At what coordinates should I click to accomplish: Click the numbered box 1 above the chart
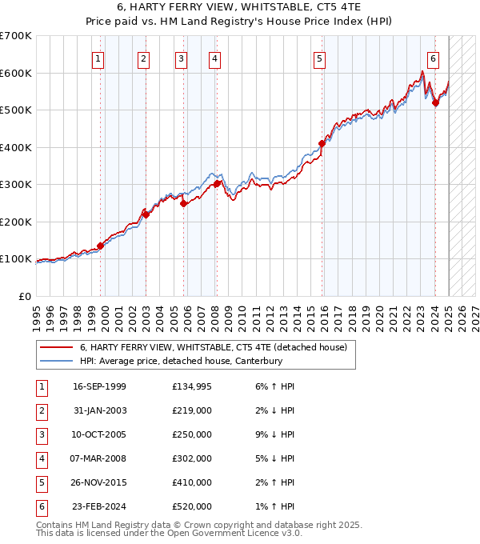(x=97, y=58)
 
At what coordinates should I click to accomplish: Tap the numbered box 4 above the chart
(x=215, y=58)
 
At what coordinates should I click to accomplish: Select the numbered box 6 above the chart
(x=433, y=58)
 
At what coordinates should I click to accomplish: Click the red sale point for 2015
(x=322, y=144)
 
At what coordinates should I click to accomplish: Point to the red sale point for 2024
(x=435, y=102)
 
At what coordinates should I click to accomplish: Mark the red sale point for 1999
(x=101, y=246)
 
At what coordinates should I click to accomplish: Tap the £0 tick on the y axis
(x=25, y=296)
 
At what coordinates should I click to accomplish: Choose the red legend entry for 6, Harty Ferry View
(x=213, y=347)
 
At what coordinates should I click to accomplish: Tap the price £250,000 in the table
(x=192, y=434)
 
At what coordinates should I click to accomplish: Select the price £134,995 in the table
(x=192, y=386)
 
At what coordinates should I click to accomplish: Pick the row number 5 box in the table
(x=40, y=482)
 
